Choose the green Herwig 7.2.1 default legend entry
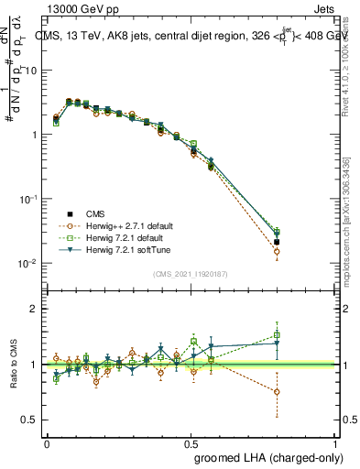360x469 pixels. pyautogui.click(x=122, y=237)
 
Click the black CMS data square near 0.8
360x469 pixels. pyautogui.click(x=277, y=242)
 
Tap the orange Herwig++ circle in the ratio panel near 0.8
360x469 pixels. pyautogui.click(x=277, y=391)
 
